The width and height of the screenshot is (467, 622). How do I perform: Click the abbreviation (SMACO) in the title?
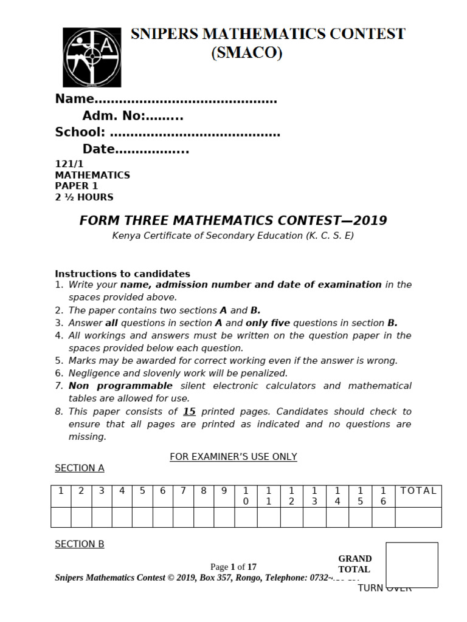247,54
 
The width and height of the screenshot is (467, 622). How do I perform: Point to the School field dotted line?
195,133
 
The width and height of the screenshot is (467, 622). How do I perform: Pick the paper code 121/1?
69,164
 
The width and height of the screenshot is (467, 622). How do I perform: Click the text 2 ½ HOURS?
84,197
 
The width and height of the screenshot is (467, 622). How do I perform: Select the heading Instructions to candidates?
122,273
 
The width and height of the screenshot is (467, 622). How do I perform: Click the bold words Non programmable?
120,386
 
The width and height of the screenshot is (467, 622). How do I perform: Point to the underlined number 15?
189,411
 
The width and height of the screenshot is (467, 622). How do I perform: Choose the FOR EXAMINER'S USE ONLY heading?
233,456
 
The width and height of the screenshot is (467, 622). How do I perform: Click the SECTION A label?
80,468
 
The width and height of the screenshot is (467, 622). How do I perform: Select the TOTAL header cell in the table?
418,491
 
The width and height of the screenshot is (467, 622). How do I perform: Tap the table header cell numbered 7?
183,491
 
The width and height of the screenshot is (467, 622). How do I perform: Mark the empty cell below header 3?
102,517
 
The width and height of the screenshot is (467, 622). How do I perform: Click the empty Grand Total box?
412,565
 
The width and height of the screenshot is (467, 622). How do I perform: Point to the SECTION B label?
80,544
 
